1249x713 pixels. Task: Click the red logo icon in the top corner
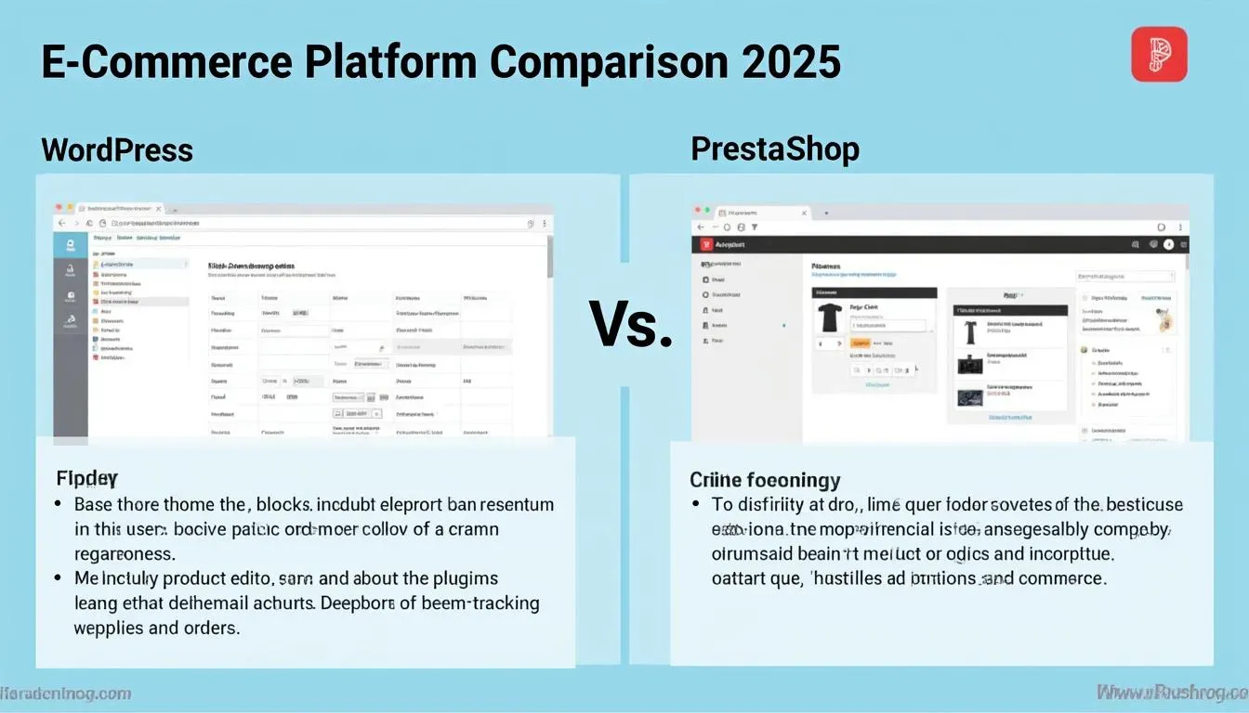(x=1159, y=54)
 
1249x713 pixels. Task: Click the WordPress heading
(x=117, y=149)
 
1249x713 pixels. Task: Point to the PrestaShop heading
(x=775, y=149)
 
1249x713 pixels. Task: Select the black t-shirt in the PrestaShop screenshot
(x=829, y=318)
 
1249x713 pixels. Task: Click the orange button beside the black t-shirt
(x=859, y=343)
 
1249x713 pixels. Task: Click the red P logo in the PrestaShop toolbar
(x=706, y=244)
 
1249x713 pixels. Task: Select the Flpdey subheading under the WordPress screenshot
(x=86, y=478)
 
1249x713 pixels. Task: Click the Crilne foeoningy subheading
(x=764, y=480)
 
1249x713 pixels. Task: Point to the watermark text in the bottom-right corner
(x=1171, y=693)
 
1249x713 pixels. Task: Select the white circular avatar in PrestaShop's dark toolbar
(x=1170, y=245)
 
